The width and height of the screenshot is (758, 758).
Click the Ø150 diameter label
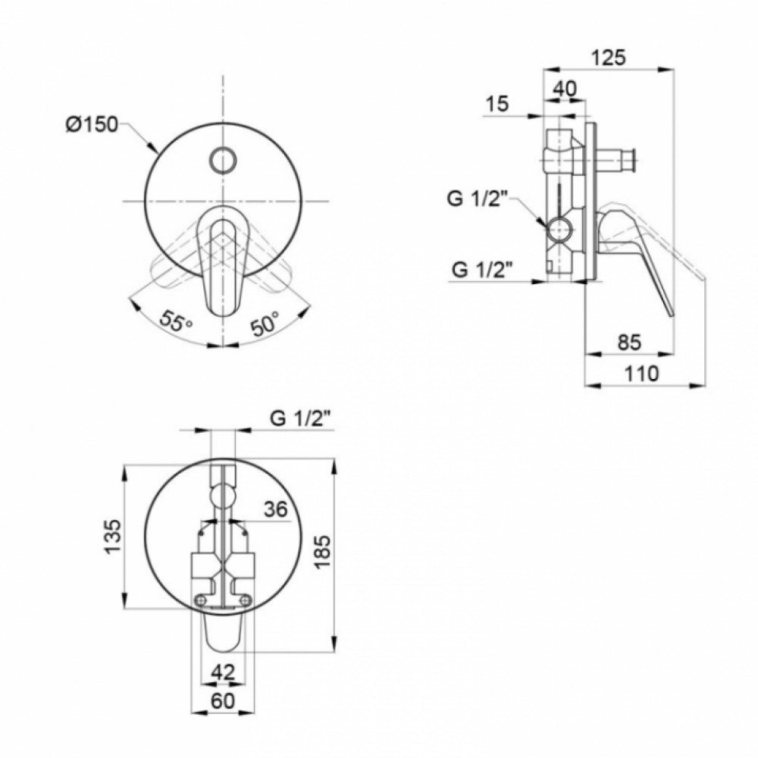pyautogui.click(x=92, y=125)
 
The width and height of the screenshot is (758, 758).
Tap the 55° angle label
pyautogui.click(x=177, y=321)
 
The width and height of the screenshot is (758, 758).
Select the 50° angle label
pyautogui.click(x=265, y=322)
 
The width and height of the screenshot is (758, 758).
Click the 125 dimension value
pyautogui.click(x=609, y=58)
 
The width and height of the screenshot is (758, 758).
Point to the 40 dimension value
pyautogui.click(x=565, y=89)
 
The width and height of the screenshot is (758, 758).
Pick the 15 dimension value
pyautogui.click(x=497, y=103)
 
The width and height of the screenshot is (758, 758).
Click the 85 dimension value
pyautogui.click(x=629, y=343)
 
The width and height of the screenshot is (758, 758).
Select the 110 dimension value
pyautogui.click(x=641, y=373)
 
